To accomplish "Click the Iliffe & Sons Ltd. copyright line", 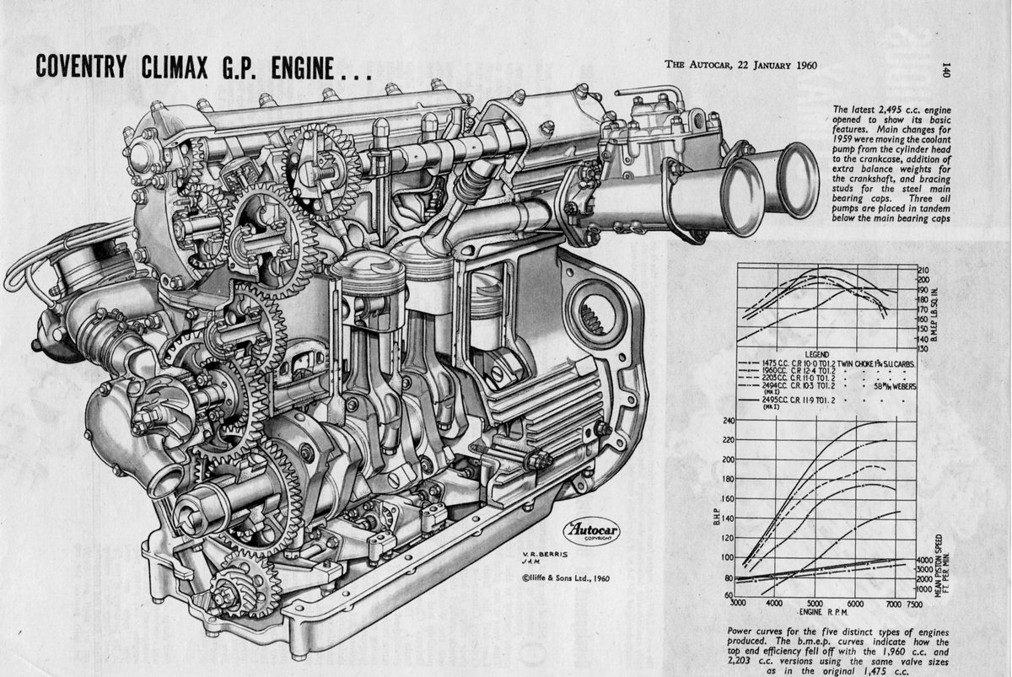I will click(564, 578).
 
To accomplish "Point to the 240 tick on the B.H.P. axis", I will click(729, 422).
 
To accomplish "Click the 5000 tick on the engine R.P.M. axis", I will click(813, 604).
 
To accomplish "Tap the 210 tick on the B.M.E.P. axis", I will click(923, 271).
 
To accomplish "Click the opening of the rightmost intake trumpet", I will click(796, 180).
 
